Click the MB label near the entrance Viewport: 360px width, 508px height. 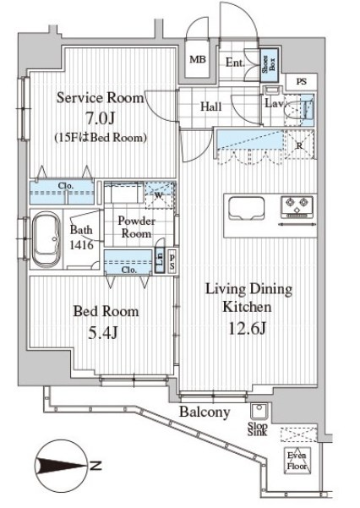pos(198,59)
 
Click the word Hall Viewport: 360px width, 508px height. pos(211,107)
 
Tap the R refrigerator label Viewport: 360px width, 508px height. pos(300,145)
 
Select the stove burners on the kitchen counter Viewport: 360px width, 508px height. pos(298,204)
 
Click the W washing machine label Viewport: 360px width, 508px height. pos(158,197)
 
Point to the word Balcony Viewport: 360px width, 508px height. pos(205,412)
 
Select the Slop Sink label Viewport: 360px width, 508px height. pos(258,429)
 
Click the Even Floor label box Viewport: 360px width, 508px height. pos(297,462)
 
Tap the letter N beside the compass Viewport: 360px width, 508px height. pos(98,465)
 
